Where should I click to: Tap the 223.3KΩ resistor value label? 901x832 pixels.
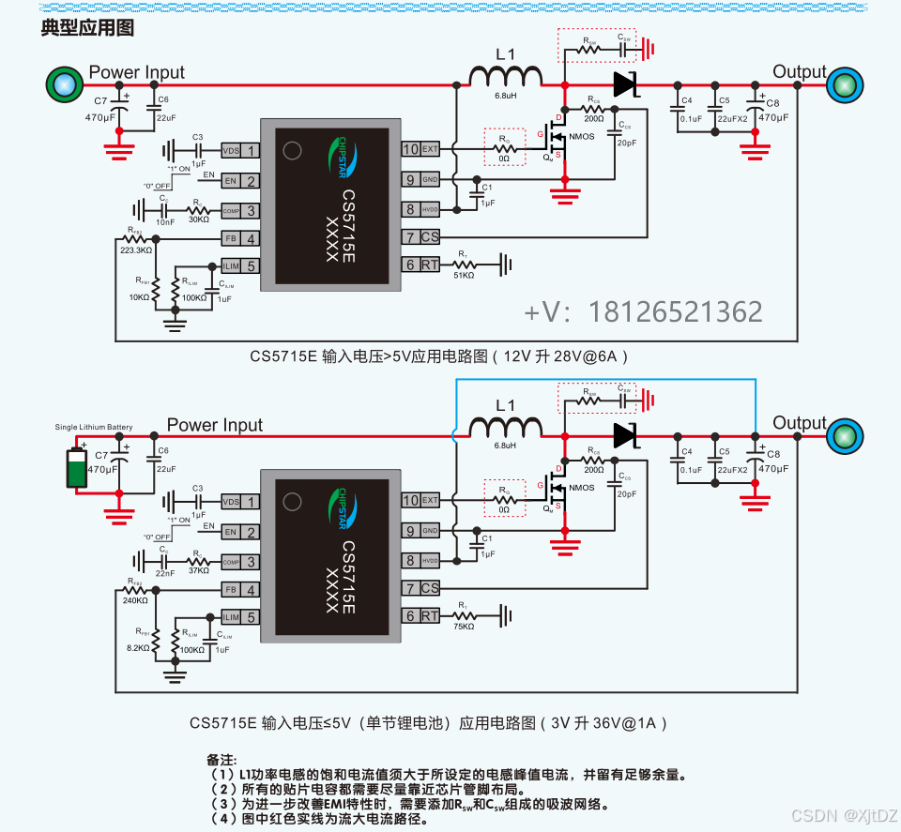pos(137,250)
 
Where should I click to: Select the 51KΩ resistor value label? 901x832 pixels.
pos(463,275)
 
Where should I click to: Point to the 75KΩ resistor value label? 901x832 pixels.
pos(463,626)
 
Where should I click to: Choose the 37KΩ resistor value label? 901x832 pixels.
pos(198,570)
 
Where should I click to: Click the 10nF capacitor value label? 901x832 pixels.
pos(164,222)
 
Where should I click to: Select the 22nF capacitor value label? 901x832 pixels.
pos(164,572)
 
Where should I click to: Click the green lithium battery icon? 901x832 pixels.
pos(76,468)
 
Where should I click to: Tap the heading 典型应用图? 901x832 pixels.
pos(87,27)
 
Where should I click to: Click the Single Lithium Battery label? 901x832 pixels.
pos(94,427)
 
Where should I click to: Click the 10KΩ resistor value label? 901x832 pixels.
pos(138,297)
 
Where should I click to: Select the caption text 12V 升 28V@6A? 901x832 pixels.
pos(562,356)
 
